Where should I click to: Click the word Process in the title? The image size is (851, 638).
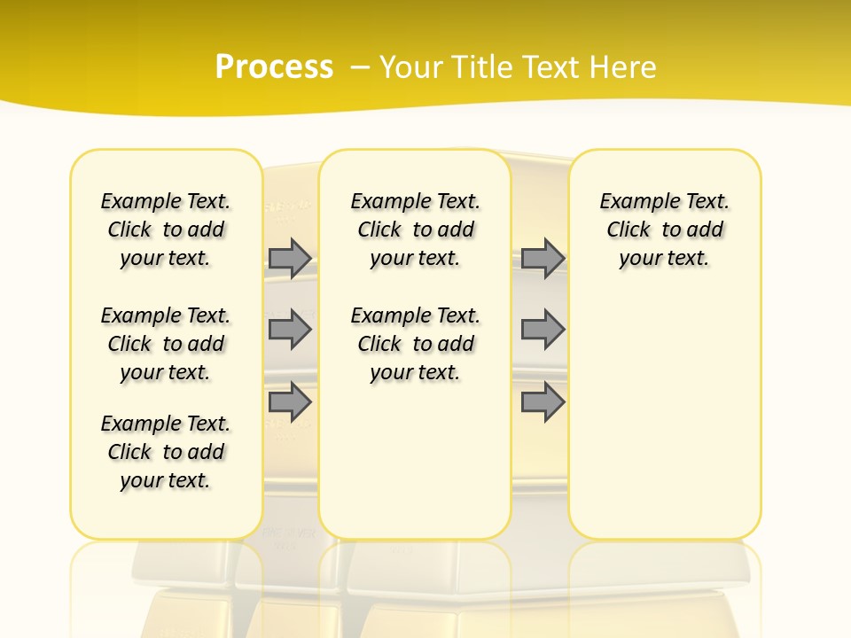tap(274, 67)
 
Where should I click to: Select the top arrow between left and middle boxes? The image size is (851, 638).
tap(290, 259)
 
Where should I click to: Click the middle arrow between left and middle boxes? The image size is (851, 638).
tap(290, 330)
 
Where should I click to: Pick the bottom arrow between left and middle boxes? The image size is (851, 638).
tap(290, 402)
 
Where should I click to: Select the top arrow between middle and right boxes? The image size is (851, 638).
tap(543, 259)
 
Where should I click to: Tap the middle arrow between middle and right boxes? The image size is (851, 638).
tap(543, 330)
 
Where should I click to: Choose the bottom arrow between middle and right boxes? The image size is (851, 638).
tap(543, 402)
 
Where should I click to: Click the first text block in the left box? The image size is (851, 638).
tap(166, 230)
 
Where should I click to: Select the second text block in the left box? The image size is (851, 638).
tap(166, 344)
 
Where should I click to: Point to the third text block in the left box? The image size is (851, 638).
tap(166, 452)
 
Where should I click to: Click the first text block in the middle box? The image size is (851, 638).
tap(415, 230)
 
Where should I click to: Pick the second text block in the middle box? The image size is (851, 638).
tap(415, 344)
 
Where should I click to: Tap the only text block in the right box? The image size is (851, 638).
tap(664, 230)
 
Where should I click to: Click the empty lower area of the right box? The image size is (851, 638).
tap(664, 416)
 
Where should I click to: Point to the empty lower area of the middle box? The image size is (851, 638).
tap(415, 461)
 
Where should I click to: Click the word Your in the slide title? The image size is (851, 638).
tap(411, 67)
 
